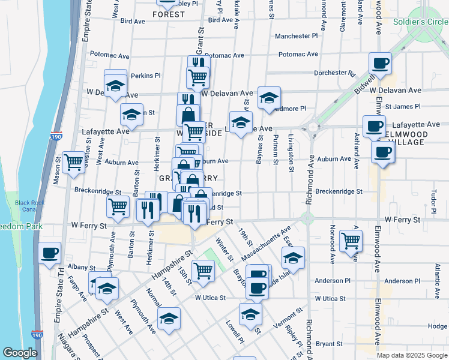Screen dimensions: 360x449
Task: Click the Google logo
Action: pyautogui.click(x=20, y=353)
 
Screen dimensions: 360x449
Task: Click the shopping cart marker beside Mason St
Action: pyautogui.click(x=73, y=161)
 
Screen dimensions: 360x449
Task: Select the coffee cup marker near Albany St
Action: pyautogui.click(x=50, y=253)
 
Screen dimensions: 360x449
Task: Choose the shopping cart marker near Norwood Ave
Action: pyautogui.click(x=351, y=240)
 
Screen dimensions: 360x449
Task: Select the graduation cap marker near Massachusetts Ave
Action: pyautogui.click(x=293, y=257)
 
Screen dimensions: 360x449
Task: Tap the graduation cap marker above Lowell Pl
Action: pyautogui.click(x=250, y=313)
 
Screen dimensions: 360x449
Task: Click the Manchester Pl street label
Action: pyautogui.click(x=296, y=37)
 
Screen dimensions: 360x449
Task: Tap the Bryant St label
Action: pyautogui.click(x=328, y=344)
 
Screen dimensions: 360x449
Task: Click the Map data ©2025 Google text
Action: pyautogui.click(x=412, y=355)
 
